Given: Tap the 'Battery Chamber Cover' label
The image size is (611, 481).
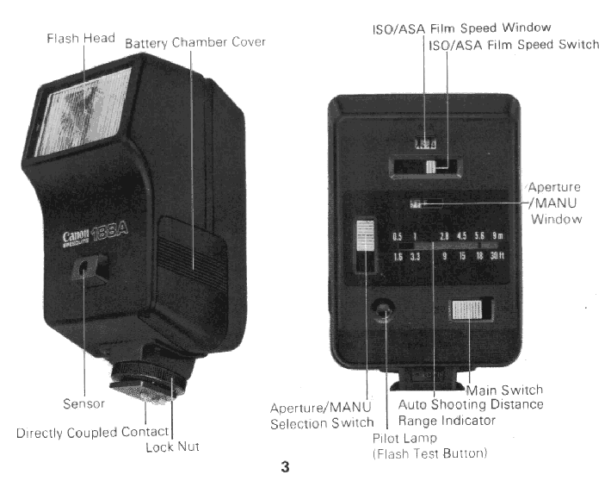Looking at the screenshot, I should click(195, 42).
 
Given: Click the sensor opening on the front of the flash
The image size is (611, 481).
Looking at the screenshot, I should click(84, 271).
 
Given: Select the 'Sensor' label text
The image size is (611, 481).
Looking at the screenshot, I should click(83, 403).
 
